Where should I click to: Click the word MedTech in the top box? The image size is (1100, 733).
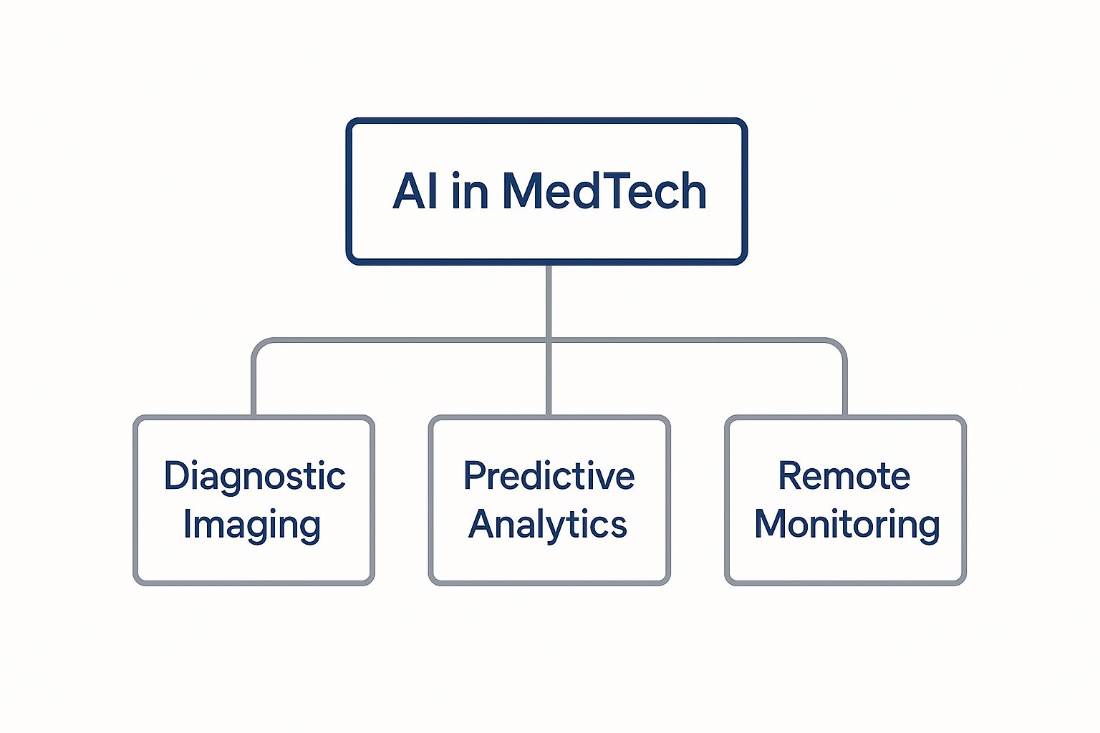604,191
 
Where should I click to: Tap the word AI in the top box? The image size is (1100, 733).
415,191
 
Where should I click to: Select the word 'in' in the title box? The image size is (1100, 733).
470,191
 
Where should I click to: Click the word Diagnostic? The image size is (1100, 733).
254,477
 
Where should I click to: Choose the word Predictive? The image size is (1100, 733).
549,476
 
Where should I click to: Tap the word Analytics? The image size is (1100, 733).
548,524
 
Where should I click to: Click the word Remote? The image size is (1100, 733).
844,476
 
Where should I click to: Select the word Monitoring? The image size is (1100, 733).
846,524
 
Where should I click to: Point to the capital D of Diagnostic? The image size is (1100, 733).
176,476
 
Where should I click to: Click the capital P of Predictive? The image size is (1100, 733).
473,476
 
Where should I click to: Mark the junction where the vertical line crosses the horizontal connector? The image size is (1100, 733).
549,341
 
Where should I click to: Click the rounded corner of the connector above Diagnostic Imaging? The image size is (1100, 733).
259,346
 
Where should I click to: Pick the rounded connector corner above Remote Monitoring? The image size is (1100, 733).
839,346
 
